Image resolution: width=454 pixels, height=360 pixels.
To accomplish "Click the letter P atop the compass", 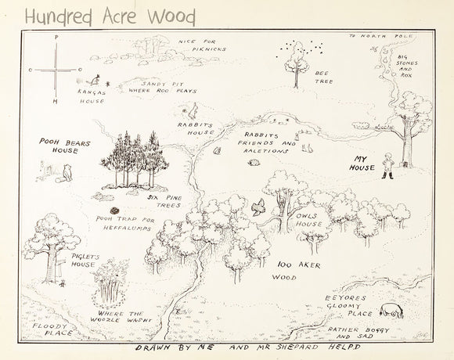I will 56,37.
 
